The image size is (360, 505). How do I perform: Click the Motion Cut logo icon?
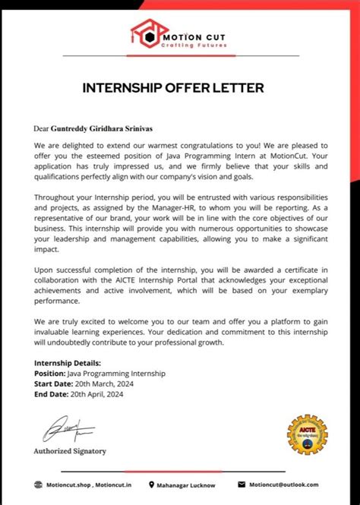(144, 33)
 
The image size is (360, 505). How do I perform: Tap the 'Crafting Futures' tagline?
(186, 46)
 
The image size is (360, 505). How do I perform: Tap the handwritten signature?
(67, 429)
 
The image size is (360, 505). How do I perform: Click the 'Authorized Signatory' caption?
(70, 450)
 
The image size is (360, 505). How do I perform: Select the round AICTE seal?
(307, 435)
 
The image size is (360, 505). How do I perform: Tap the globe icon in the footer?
(39, 484)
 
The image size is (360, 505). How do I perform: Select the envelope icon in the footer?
(242, 484)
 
